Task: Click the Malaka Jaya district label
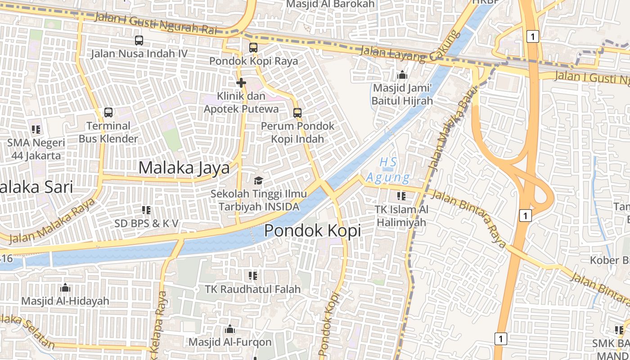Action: pyautogui.click(x=184, y=168)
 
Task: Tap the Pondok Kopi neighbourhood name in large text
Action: pyautogui.click(x=312, y=230)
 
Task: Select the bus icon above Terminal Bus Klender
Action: pyautogui.click(x=108, y=112)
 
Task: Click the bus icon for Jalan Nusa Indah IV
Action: pyautogui.click(x=139, y=40)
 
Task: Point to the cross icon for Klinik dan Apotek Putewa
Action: pyautogui.click(x=241, y=83)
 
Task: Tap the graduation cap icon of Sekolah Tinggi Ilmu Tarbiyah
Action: pyautogui.click(x=258, y=181)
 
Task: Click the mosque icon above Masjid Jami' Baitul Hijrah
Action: pyautogui.click(x=402, y=75)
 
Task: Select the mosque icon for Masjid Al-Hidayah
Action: pyautogui.click(x=65, y=287)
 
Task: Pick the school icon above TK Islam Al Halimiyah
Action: pyautogui.click(x=401, y=196)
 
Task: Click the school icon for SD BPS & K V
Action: pyautogui.click(x=146, y=210)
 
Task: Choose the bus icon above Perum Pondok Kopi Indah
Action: pyautogui.click(x=297, y=112)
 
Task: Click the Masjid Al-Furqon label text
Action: pyautogui.click(x=230, y=342)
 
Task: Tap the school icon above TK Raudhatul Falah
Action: pyautogui.click(x=252, y=275)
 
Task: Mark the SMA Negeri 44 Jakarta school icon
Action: pyautogui.click(x=36, y=130)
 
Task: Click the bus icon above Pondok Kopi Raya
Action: pyautogui.click(x=253, y=48)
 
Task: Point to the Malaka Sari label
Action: pyautogui.click(x=36, y=187)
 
